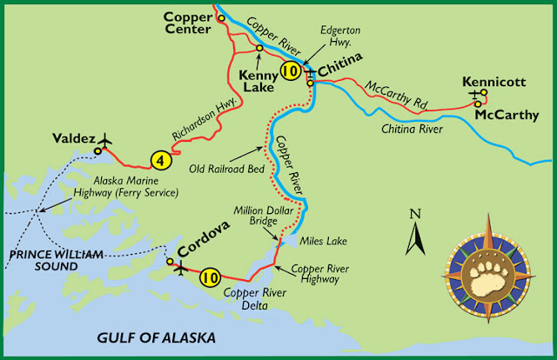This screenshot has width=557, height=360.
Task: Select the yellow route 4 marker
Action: click(159, 160)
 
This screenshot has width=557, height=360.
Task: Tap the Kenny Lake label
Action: click(257, 81)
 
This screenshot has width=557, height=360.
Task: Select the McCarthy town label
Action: click(507, 114)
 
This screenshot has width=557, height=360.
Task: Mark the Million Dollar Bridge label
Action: click(253, 217)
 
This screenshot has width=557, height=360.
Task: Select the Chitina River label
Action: click(413, 129)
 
